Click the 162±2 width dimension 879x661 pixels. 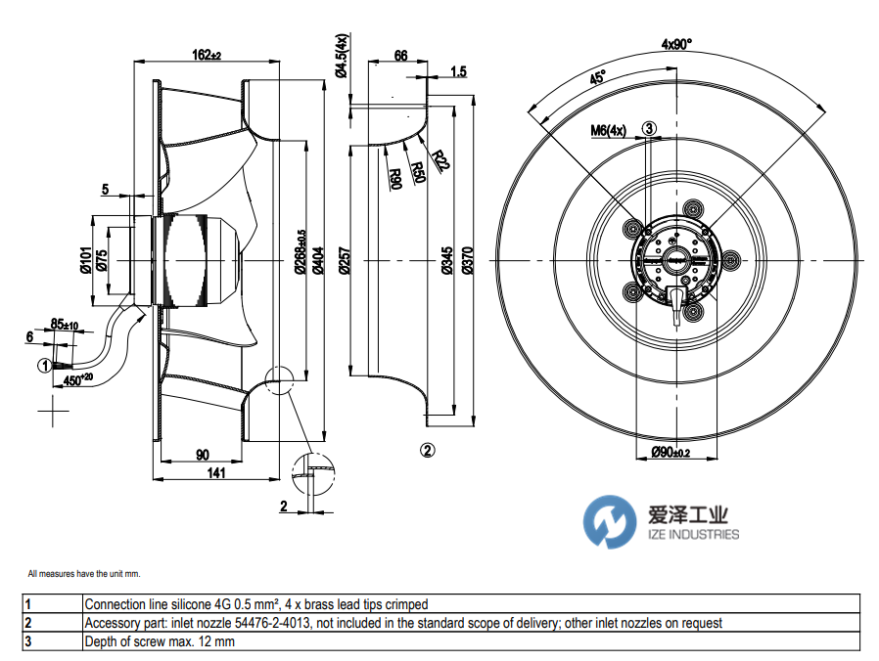point(206,56)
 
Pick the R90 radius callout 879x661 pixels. point(395,178)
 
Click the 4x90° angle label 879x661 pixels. point(675,44)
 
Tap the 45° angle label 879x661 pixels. point(597,79)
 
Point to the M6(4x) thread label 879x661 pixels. point(608,129)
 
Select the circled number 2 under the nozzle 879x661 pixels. point(427,450)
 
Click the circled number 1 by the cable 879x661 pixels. point(44,366)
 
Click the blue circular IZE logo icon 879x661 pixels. point(610,522)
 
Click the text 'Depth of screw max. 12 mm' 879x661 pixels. point(160,642)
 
